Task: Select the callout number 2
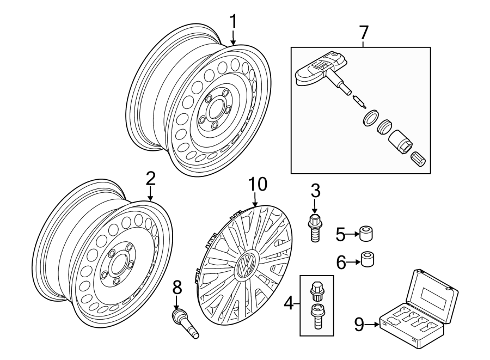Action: (x=150, y=179)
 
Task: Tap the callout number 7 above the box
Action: (x=363, y=33)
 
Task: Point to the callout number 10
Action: (x=258, y=184)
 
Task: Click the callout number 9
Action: (x=359, y=325)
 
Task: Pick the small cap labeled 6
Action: (x=369, y=260)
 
